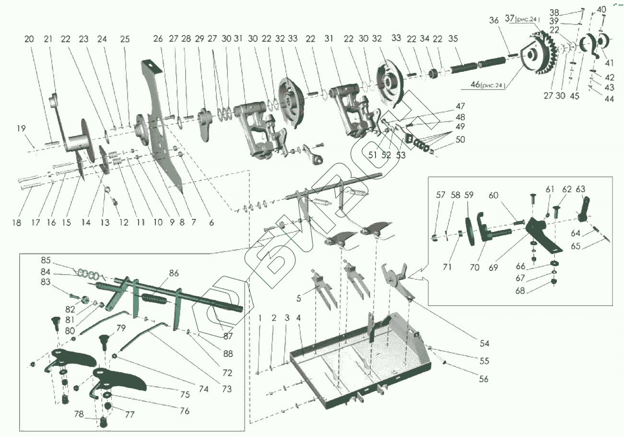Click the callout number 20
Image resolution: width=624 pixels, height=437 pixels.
29,39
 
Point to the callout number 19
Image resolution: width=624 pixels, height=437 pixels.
20,128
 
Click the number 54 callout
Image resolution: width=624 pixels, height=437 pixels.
484,343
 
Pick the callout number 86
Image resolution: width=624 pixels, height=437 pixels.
174,273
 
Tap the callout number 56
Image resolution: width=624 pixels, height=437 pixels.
483,379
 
